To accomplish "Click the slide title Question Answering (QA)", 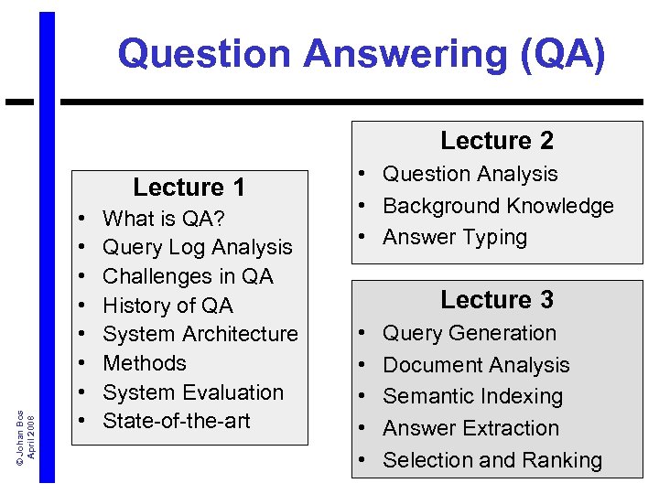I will click(362, 53).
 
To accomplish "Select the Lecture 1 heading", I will click(189, 188).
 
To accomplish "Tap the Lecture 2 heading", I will click(497, 141).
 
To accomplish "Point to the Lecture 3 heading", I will click(497, 300).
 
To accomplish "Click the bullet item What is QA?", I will click(165, 219).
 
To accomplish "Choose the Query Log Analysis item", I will click(198, 247).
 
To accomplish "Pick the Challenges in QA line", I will click(189, 276).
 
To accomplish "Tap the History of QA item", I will click(168, 306).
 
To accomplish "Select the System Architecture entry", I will click(200, 335).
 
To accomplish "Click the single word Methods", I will click(145, 363).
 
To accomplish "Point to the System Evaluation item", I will click(193, 392).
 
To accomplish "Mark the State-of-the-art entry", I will click(177, 421).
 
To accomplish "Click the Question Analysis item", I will click(470, 174).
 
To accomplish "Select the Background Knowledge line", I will click(498, 206).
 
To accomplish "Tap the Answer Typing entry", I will click(455, 237).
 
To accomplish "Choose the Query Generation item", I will click(470, 333).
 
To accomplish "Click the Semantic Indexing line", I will click(472, 396).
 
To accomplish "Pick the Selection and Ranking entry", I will click(492, 460).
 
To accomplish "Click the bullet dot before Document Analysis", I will click(363, 365).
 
